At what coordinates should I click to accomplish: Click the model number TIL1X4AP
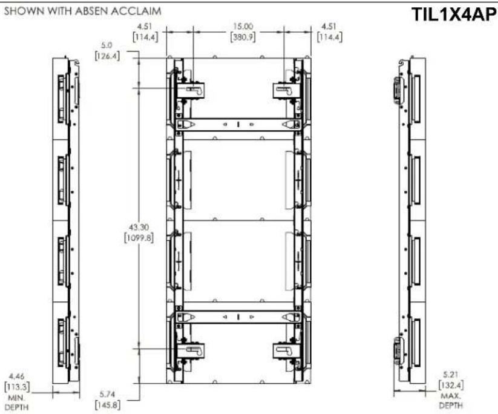tap(454, 15)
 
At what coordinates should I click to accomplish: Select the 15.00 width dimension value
tap(243, 27)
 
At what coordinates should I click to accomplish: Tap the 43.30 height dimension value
tap(139, 228)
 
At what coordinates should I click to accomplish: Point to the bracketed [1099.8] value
tap(139, 238)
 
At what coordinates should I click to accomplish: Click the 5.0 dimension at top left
tap(106, 45)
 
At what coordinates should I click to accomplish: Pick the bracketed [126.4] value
tap(107, 56)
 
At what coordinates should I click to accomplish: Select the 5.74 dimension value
tap(107, 394)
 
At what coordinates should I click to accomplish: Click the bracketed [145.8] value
tap(107, 405)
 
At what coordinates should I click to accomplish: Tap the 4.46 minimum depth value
tap(16, 377)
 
